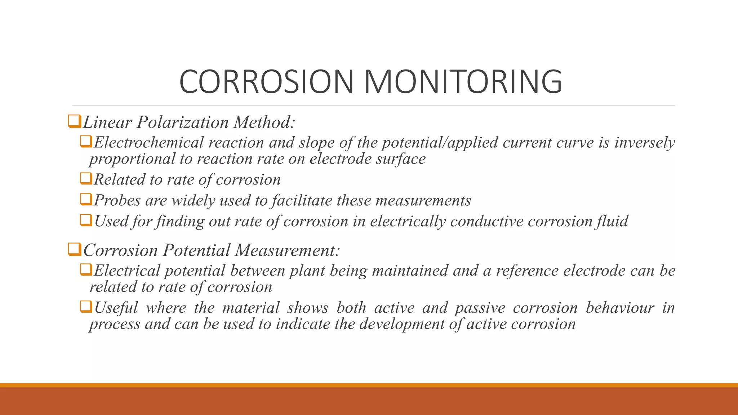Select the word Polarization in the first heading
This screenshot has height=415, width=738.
click(183, 122)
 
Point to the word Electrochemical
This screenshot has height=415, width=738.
click(149, 143)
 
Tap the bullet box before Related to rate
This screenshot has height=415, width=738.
click(86, 178)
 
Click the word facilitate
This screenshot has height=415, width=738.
click(302, 201)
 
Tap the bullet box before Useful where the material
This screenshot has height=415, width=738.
click(86, 307)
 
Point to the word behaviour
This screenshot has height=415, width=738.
click(620, 308)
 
